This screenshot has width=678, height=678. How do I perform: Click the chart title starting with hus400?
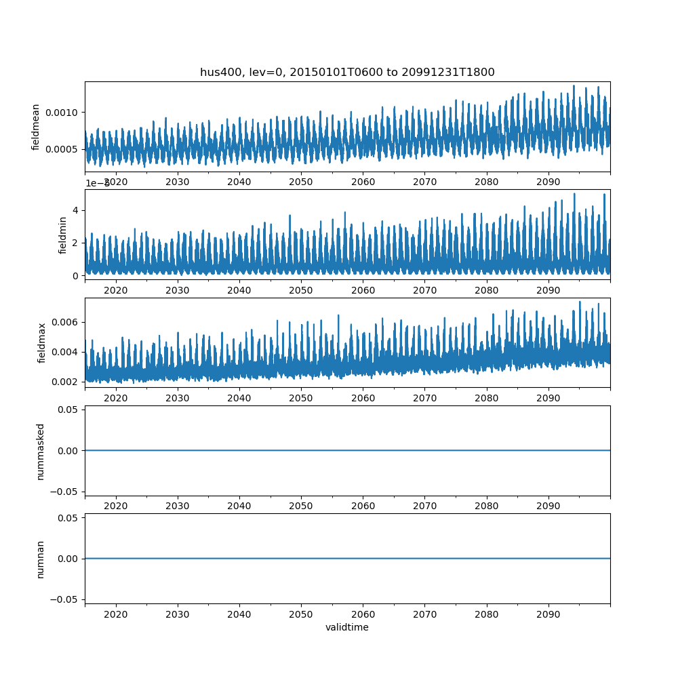pyautogui.click(x=347, y=72)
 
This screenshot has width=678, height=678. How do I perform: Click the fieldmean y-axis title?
pyautogui.click(x=36, y=127)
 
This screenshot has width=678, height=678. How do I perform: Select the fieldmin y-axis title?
pyautogui.click(x=63, y=235)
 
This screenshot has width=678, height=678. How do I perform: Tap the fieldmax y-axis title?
pyautogui.click(x=42, y=342)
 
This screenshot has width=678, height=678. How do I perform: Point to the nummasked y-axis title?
pyautogui.click(x=41, y=451)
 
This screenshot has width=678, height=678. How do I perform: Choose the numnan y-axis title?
pyautogui.click(x=41, y=559)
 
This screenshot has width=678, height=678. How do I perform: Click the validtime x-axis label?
pyautogui.click(x=347, y=628)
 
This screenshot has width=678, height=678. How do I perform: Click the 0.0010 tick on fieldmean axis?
pyautogui.click(x=64, y=112)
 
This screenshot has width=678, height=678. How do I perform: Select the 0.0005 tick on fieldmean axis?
pyautogui.click(x=64, y=149)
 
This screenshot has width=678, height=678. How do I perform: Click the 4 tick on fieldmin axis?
pyautogui.click(x=77, y=210)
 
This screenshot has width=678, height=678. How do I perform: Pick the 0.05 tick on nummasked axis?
pyautogui.click(x=68, y=410)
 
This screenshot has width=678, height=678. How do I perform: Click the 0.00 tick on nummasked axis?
pyautogui.click(x=68, y=451)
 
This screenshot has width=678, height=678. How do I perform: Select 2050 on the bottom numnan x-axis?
pyautogui.click(x=301, y=614)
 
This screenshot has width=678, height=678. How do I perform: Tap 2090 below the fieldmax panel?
pyautogui.click(x=548, y=398)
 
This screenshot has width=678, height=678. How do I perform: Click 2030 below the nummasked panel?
pyautogui.click(x=178, y=506)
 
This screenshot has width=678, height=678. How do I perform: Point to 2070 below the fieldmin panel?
pyautogui.click(x=424, y=290)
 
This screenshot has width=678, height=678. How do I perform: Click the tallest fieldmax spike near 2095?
pyautogui.click(x=580, y=302)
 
